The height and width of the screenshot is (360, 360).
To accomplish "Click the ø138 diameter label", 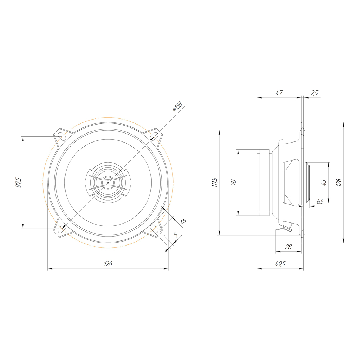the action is coord(177,107).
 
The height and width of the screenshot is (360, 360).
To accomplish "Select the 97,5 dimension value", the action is coord(18,183).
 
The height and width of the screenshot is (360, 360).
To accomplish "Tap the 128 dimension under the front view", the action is coord(108,264).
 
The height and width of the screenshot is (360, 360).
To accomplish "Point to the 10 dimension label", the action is coord(183,221).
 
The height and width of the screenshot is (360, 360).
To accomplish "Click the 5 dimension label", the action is coord(176,235).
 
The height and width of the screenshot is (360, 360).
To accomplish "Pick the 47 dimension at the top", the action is coord(279,93).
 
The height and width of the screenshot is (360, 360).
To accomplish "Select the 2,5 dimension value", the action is coord(314,93).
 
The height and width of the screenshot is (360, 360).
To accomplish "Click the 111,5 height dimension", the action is coord(215,182).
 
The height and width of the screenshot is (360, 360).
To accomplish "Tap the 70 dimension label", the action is coord(233,183).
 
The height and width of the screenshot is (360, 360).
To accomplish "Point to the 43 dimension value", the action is coord(324,183).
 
